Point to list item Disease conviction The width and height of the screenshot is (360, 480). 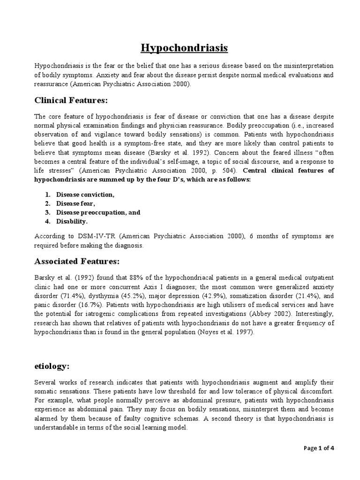coord(85,194)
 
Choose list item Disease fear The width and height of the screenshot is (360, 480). coord(75,203)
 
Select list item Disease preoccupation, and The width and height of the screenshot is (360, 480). coord(98,212)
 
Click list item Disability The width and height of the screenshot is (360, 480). coord(72,221)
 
